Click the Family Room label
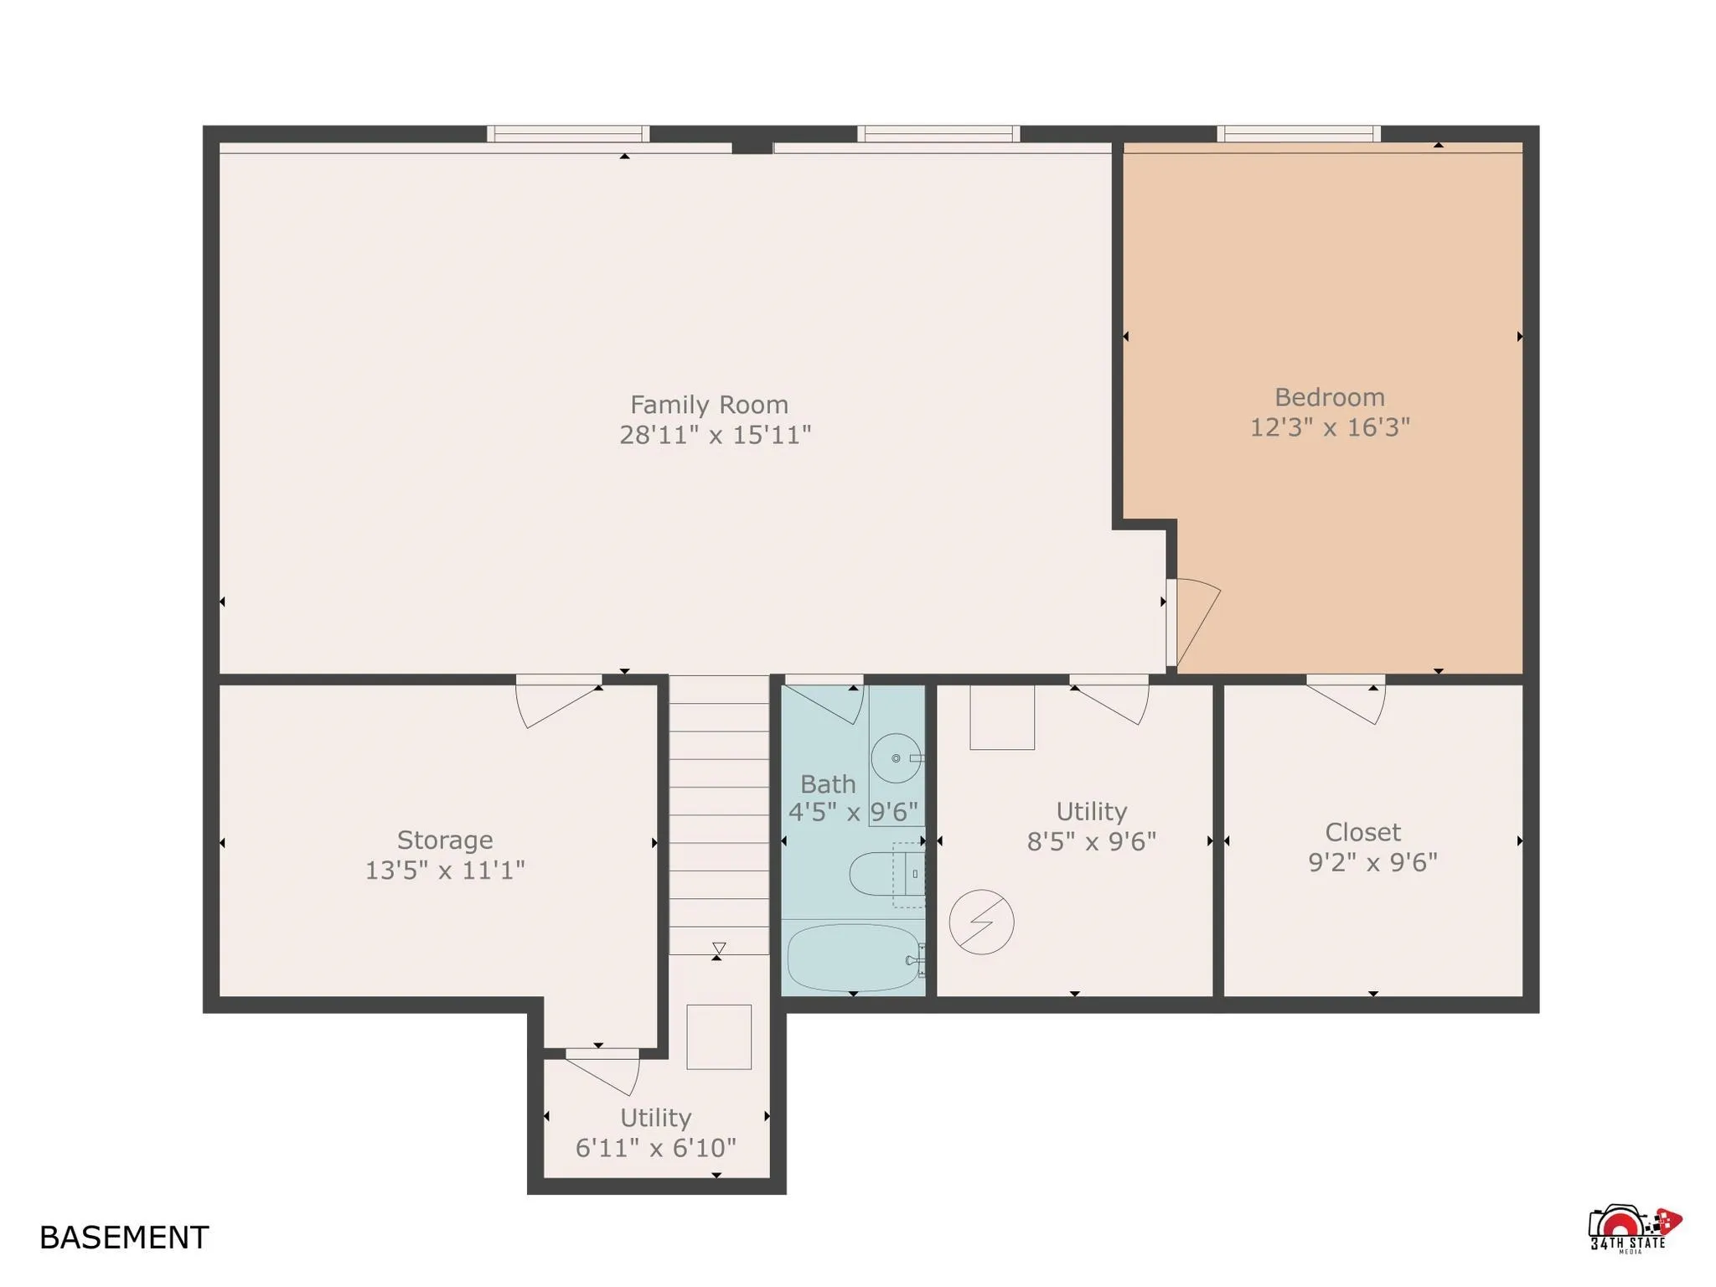coord(709,405)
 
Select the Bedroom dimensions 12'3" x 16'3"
coord(1330,427)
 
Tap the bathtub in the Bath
coord(853,957)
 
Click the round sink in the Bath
coord(896,758)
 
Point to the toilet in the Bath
coord(880,874)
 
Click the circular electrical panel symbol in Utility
coord(981,922)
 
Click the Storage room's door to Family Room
coord(553,702)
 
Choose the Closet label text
coord(1362,832)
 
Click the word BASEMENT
coord(124,1238)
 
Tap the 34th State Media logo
coord(1633,1229)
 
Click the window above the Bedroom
coord(1298,133)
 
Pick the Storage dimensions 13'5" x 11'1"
coord(445,870)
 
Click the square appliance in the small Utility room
coord(719,1036)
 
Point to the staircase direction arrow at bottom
coord(719,949)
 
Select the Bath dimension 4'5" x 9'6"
coord(853,812)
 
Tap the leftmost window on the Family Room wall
coord(568,133)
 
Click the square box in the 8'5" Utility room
coord(1002,717)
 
